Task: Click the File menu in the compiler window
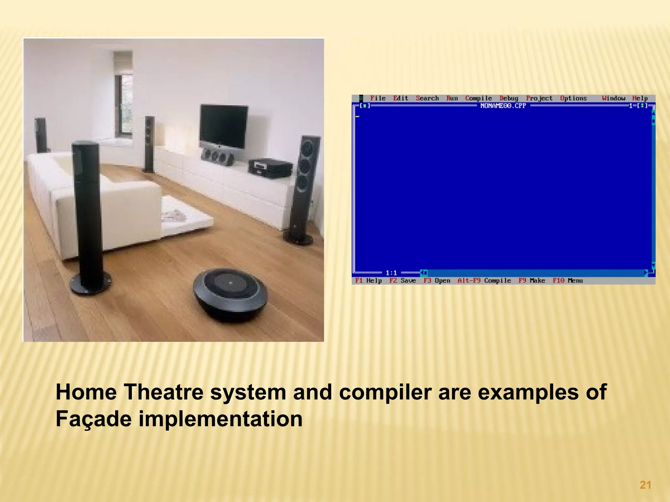[x=378, y=98]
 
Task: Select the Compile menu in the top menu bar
[x=478, y=98]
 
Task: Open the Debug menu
[x=509, y=98]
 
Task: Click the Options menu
[x=573, y=98]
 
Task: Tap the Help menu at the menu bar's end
[x=640, y=98]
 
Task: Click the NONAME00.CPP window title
[x=503, y=106]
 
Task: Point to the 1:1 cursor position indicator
[x=391, y=273]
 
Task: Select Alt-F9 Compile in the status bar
[x=484, y=280]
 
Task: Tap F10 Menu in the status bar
[x=568, y=280]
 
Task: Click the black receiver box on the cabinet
[x=270, y=167]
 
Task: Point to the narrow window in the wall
[x=124, y=105]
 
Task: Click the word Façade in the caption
[x=94, y=419]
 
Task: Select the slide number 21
[x=645, y=485]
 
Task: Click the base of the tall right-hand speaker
[x=298, y=238]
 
